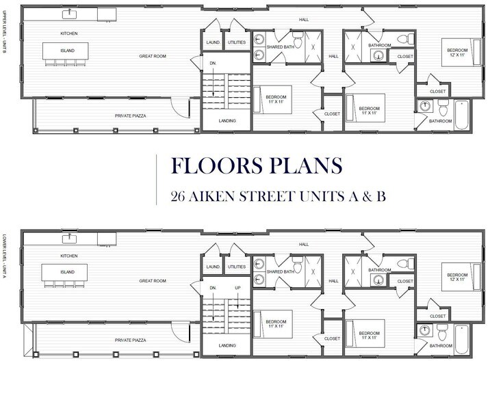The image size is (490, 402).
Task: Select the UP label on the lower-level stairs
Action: pos(237,288)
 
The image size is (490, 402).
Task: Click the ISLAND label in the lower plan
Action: pos(67,271)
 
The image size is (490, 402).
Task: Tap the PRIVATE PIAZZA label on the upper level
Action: pos(132,116)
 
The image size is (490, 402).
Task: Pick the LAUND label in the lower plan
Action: pos(213,267)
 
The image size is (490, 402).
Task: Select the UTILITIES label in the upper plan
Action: pos(236,42)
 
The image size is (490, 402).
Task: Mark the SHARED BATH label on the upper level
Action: pos(280,47)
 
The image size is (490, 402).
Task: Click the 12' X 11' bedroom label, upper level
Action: pos(457,55)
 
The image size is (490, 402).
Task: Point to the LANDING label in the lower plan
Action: pos(227,345)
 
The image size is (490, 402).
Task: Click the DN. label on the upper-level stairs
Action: pos(214,64)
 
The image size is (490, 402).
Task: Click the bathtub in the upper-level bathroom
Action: pos(463,113)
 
